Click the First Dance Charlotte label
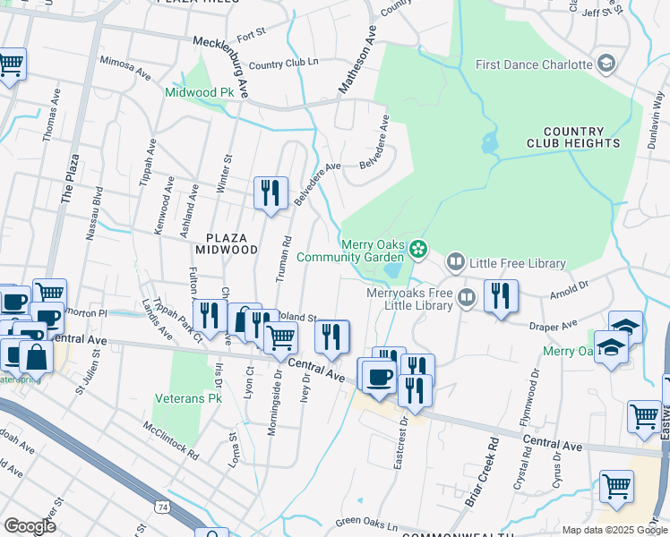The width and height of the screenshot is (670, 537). (534, 64)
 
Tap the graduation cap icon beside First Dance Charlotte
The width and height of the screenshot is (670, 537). (606, 64)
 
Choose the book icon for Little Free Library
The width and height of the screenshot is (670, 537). (456, 262)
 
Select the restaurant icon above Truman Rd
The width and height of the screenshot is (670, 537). (270, 192)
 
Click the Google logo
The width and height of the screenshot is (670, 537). (30, 526)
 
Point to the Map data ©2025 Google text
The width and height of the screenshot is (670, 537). (614, 530)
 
